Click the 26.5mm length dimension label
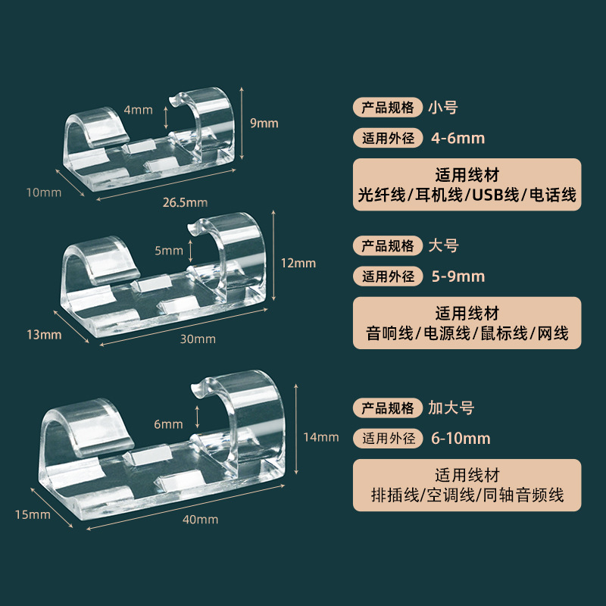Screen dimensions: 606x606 click(186, 202)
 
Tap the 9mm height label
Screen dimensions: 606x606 click(264, 123)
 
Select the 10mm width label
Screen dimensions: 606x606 click(43, 192)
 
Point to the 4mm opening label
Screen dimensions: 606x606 click(139, 109)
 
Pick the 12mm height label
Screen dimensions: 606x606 click(299, 263)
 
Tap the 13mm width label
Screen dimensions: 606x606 click(43, 334)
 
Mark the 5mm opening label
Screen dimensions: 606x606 click(168, 249)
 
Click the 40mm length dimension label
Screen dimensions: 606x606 click(201, 519)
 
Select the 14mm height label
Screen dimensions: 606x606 click(321, 436)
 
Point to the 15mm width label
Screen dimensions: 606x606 click(33, 514)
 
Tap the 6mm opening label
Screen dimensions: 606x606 click(168, 424)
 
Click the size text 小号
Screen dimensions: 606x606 click(443, 107)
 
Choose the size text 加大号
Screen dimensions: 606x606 click(451, 408)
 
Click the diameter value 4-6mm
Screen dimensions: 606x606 click(457, 138)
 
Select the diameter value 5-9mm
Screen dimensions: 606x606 click(457, 276)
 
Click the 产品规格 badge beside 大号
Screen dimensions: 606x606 click(387, 245)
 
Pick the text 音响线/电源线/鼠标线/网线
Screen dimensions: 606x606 click(467, 333)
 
